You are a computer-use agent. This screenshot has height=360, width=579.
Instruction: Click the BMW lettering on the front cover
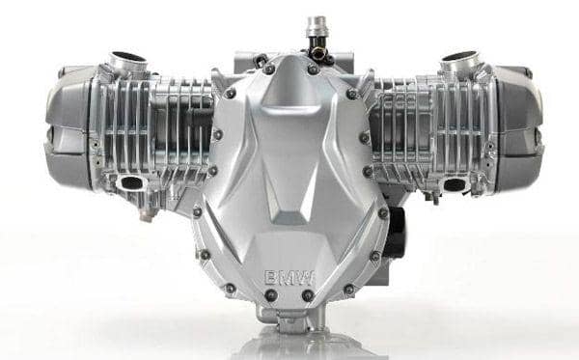click(x=289, y=277)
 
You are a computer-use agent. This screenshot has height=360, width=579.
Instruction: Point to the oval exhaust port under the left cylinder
click(x=131, y=182)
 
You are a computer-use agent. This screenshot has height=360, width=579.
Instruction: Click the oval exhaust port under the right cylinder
click(x=455, y=184)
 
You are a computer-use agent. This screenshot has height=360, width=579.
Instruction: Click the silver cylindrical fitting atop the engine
click(x=317, y=27)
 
